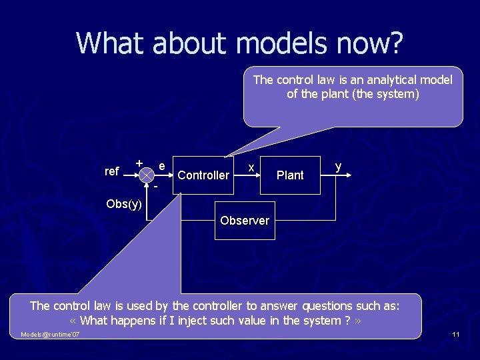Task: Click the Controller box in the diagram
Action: (x=203, y=175)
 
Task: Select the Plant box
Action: (x=289, y=175)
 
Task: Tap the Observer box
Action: (x=245, y=221)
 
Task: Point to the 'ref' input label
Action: (x=112, y=171)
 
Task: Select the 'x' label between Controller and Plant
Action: (x=250, y=167)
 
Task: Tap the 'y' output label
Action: (x=338, y=165)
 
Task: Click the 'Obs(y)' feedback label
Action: (x=124, y=204)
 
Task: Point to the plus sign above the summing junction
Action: (x=139, y=163)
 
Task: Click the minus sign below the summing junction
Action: (x=155, y=186)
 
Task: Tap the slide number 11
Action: (x=455, y=334)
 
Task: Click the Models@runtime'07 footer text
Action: (x=50, y=334)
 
